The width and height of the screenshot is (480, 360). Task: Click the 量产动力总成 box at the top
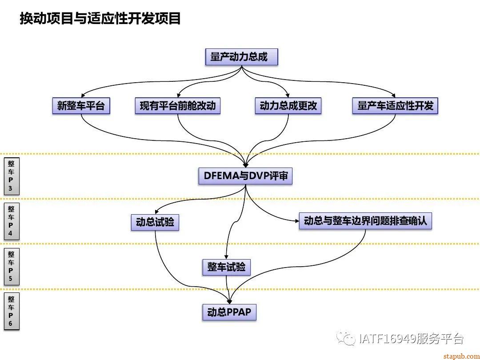tap(241, 57)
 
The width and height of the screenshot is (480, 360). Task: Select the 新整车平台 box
tap(81, 106)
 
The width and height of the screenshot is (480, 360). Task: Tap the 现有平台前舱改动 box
tap(177, 106)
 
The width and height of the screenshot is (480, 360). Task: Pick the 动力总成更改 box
tap(288, 106)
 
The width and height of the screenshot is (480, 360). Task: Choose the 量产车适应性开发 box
tap(395, 106)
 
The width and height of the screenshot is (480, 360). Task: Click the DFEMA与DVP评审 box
tap(245, 176)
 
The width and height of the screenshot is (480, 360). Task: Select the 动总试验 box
tap(155, 222)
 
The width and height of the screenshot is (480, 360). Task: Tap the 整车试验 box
tap(226, 267)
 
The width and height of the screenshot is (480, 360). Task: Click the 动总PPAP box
tap(229, 312)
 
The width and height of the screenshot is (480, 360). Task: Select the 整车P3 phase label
tap(11, 176)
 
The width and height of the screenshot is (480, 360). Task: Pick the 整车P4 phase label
tap(11, 221)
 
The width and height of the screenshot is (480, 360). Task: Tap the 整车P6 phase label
tap(11, 311)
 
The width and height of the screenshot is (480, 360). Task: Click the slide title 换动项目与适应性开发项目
tap(100, 19)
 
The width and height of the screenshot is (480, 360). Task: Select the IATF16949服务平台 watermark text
tap(411, 339)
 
